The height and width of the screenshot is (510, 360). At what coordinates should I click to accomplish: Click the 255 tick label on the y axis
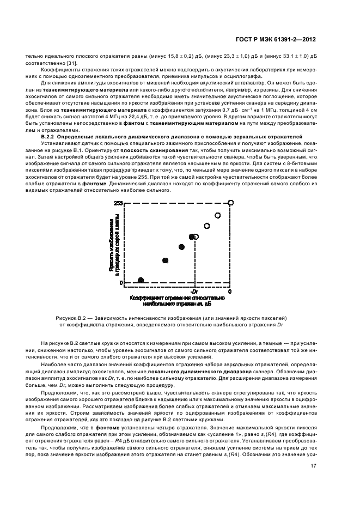(118, 203)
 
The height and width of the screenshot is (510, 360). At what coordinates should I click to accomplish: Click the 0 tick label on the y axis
(121, 283)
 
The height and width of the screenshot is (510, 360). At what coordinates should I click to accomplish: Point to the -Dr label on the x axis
(194, 292)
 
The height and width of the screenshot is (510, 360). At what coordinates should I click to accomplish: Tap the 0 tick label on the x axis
(230, 292)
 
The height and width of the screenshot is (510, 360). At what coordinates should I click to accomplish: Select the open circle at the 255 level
(231, 203)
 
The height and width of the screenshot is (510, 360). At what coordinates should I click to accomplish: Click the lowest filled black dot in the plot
(141, 280)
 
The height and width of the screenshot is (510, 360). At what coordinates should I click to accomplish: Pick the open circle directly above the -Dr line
(196, 237)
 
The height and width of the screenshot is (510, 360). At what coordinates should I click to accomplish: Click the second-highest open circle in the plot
(218, 215)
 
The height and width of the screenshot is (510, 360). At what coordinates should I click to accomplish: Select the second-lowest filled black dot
(165, 260)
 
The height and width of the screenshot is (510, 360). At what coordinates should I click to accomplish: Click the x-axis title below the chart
(177, 301)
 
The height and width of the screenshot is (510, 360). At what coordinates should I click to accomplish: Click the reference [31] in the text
(79, 62)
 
